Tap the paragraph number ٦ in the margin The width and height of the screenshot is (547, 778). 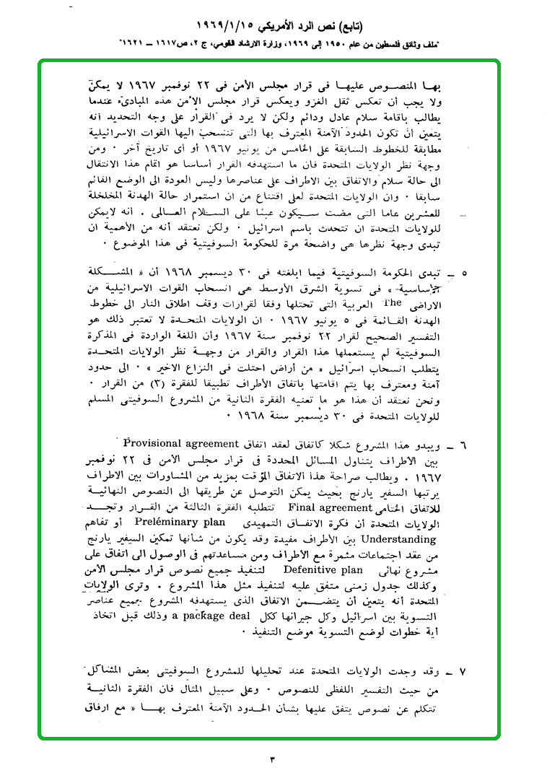(463, 445)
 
